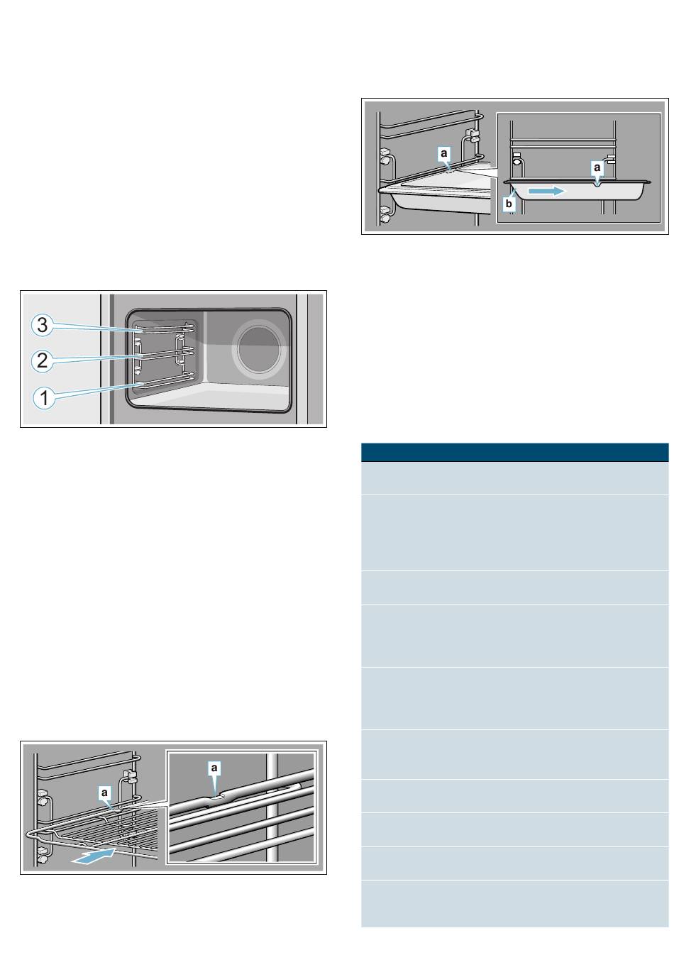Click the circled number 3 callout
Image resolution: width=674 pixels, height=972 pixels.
42,325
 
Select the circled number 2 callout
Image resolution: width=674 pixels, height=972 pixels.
42,360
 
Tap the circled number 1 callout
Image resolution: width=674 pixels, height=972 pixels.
44,397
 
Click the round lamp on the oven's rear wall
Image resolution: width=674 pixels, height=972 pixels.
259,350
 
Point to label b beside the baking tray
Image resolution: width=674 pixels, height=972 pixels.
509,203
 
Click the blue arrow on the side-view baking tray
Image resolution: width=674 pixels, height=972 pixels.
547,190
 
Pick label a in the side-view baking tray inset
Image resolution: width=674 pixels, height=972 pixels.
597,167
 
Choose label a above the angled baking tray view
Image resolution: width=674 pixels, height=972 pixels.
443,153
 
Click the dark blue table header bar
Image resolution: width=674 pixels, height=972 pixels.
514,452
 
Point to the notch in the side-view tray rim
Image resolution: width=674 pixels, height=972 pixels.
597,184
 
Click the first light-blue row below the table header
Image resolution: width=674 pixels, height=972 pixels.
514,477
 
